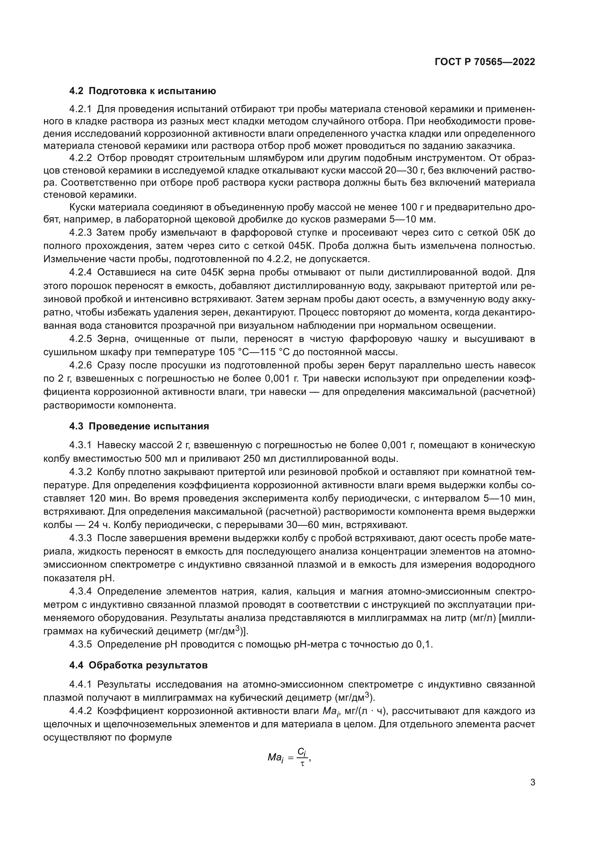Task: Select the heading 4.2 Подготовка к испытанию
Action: [143, 91]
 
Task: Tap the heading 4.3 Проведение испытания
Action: [139, 426]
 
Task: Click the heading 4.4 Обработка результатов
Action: [138, 665]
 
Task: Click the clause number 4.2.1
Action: [81, 109]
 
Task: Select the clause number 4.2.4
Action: [81, 272]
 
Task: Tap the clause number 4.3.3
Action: [81, 538]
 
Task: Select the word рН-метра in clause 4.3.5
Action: [336, 644]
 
